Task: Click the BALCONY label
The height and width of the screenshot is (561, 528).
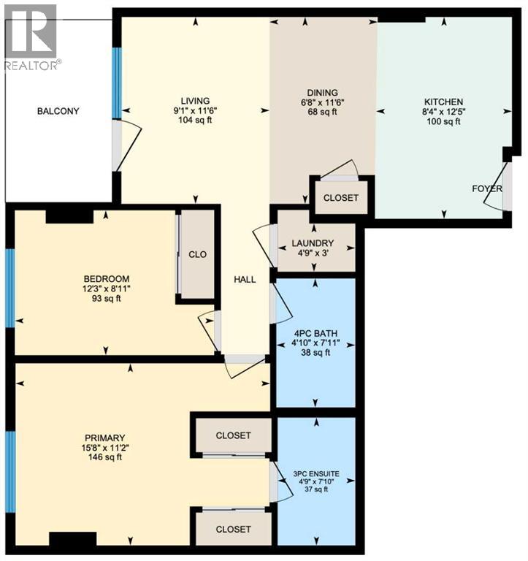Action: tap(58, 111)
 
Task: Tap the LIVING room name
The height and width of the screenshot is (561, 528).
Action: tap(195, 102)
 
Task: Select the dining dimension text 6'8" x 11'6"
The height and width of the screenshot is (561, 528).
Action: tap(322, 103)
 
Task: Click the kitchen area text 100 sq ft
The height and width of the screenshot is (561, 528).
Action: tap(443, 122)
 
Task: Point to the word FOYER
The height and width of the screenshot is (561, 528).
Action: tap(487, 188)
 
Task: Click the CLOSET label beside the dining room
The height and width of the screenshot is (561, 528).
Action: tap(340, 198)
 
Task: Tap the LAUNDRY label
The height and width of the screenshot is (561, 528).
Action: tap(313, 243)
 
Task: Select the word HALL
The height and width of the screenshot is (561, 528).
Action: tap(245, 280)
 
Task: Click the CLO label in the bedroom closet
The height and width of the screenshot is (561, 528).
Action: tap(197, 254)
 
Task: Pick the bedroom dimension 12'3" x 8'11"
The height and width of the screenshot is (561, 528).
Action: tap(106, 289)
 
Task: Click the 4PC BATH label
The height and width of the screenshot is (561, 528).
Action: tap(315, 334)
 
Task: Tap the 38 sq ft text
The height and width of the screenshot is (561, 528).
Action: tap(315, 353)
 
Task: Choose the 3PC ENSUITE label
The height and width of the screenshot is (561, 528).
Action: tap(316, 473)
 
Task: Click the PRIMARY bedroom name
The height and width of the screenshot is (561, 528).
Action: tap(105, 438)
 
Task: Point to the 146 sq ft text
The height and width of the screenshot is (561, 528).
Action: tap(105, 457)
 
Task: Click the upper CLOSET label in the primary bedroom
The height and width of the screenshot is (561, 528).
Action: tap(233, 435)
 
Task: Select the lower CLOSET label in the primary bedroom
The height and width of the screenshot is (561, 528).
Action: tap(233, 529)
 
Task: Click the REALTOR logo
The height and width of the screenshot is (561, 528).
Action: tap(31, 37)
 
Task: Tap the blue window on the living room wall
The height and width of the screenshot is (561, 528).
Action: tap(117, 83)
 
